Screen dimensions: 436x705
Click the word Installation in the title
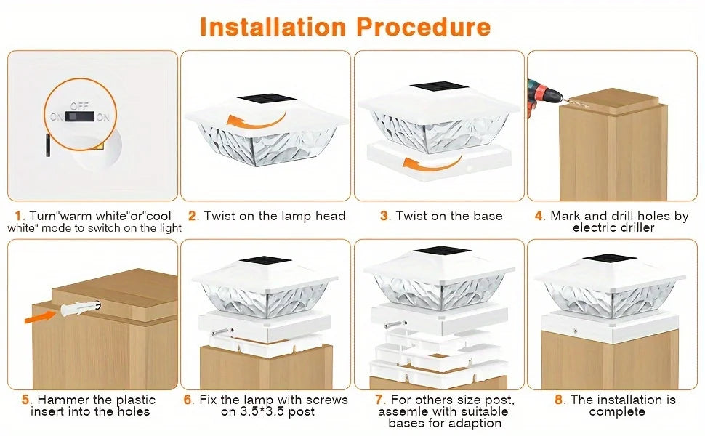[273, 27]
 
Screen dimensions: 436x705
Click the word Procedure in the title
[423, 27]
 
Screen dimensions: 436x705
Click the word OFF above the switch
[79, 106]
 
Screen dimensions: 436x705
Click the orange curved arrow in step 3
[422, 163]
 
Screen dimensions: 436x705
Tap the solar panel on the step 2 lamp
[265, 100]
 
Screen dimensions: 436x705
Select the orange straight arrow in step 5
[45, 315]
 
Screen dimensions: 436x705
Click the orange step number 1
[18, 216]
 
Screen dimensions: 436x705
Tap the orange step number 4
[539, 216]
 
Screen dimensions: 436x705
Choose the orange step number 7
[379, 400]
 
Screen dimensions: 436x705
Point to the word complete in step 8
[617, 412]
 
